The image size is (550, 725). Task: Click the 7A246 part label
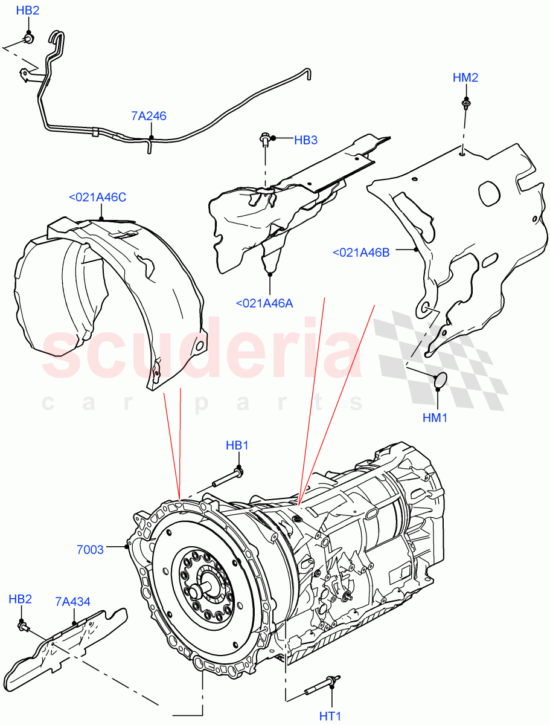pyautogui.click(x=149, y=116)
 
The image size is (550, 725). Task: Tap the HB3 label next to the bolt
pyautogui.click(x=305, y=140)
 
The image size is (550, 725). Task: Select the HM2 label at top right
pyautogui.click(x=466, y=77)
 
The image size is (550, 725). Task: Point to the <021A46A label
pyautogui.click(x=265, y=303)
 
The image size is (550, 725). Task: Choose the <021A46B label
pyautogui.click(x=361, y=253)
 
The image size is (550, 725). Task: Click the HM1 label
pyautogui.click(x=435, y=417)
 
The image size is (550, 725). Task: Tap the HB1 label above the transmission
pyautogui.click(x=237, y=445)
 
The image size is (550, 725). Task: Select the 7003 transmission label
pyautogui.click(x=90, y=549)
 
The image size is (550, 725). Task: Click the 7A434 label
pyautogui.click(x=72, y=602)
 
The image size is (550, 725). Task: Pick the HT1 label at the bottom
pyautogui.click(x=331, y=716)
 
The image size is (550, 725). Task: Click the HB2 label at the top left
pyautogui.click(x=28, y=10)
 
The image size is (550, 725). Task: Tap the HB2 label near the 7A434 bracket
pyautogui.click(x=20, y=599)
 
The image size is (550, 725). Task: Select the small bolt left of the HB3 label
pyautogui.click(x=264, y=140)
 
